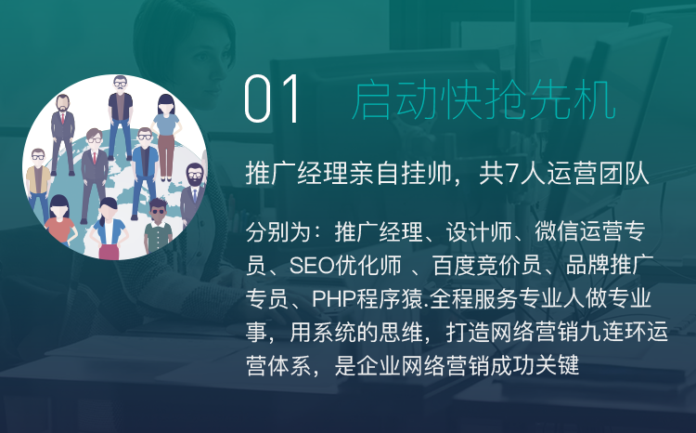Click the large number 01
tap(272, 99)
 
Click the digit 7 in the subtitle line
tap(512, 174)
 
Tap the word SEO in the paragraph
tap(312, 266)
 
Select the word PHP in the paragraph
tap(334, 299)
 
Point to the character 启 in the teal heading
tap(371, 100)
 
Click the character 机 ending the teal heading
tap(594, 100)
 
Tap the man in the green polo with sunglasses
tap(158, 227)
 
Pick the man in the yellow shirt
tap(38, 182)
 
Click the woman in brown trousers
tap(165, 137)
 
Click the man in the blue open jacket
tap(145, 174)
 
